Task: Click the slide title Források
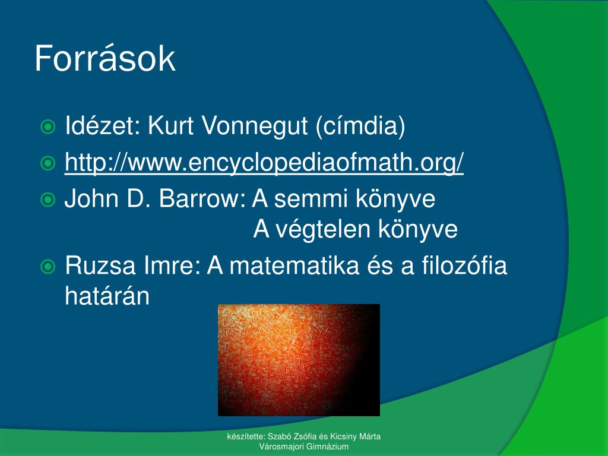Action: [105, 59]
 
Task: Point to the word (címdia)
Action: [360, 126]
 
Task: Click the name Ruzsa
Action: [100, 265]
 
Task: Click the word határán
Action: [107, 296]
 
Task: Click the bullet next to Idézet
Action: [47, 127]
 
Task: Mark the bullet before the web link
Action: [47, 163]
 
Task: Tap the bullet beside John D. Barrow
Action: [47, 199]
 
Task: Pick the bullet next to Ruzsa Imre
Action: [47, 267]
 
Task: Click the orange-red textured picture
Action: [299, 360]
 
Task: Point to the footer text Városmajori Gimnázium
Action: [304, 446]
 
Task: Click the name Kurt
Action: [170, 126]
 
